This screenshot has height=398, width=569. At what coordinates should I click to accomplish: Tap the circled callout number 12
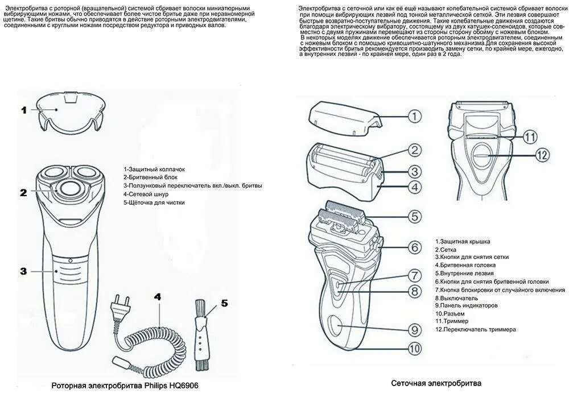pos(541,154)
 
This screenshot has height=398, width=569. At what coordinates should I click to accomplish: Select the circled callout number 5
pos(415,217)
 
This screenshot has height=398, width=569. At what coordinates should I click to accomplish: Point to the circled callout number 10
pos(414,348)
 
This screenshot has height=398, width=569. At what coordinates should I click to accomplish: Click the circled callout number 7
pos(415,276)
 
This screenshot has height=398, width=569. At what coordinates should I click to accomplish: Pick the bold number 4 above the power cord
pos(157,297)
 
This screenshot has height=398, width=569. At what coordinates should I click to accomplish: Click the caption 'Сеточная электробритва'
pos(436,383)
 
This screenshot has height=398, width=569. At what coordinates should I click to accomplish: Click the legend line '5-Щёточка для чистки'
pos(154,202)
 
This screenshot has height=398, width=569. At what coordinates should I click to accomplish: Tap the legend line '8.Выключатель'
pos(457,297)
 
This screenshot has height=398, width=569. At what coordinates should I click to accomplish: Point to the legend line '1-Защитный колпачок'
pos(154,169)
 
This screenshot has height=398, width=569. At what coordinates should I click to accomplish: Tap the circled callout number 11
pos(530,136)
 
